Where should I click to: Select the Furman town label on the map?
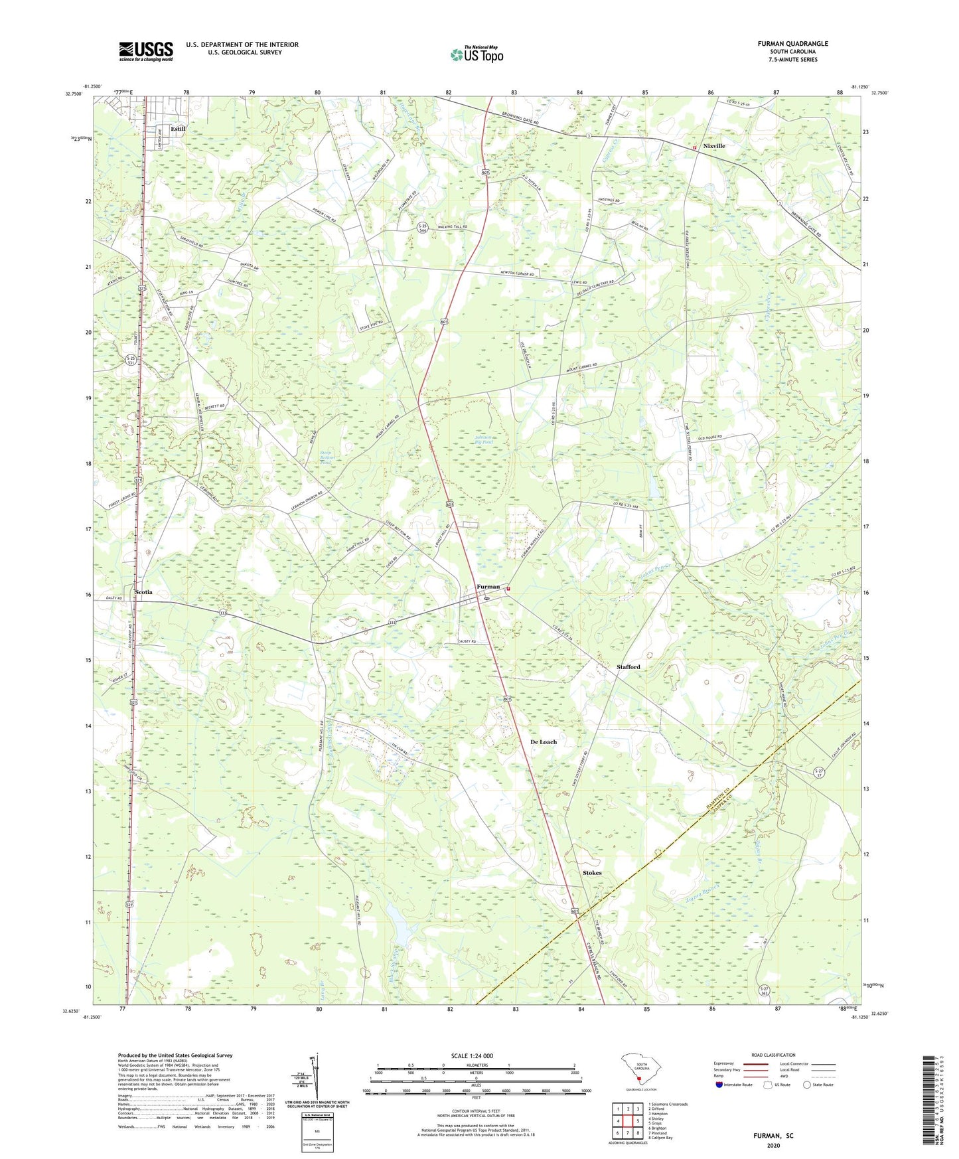pos(488,587)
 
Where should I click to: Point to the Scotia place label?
pos(143,592)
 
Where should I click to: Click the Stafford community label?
pos(628,666)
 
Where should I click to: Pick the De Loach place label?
pos(544,741)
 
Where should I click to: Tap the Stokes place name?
pos(592,872)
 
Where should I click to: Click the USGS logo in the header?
pos(146,51)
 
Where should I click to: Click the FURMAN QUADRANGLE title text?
pos(792,44)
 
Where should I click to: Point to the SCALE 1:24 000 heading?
pos(471,1056)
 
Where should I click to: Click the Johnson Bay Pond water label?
pos(483,439)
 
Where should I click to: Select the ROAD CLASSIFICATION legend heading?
pos(773,1055)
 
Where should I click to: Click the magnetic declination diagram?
pos(316,1081)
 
